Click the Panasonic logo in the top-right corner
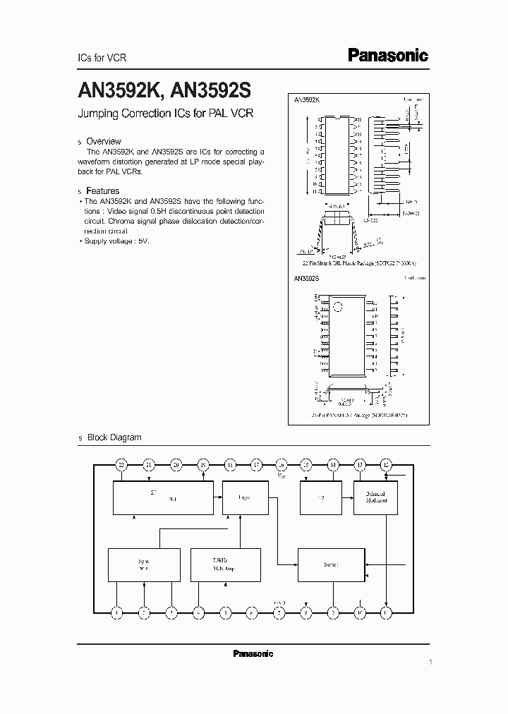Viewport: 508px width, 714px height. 389,56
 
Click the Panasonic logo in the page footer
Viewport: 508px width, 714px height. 253,654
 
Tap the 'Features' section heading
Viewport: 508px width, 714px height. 102,190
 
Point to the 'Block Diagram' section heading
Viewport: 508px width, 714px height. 114,437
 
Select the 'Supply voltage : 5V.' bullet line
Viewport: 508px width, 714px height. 116,241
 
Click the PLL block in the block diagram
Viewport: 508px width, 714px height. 164,498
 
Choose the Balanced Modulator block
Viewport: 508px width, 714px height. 375,497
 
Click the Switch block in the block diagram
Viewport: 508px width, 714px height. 331,564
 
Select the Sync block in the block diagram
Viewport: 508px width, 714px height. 144,564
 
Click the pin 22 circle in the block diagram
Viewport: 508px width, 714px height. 121,464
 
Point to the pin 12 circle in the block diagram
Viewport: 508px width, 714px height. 386,464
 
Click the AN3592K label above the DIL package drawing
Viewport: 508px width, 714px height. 307,101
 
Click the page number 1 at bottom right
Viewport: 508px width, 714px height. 430,663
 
